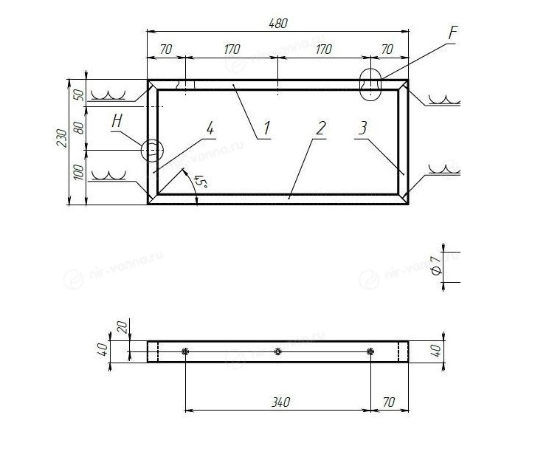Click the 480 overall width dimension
(278, 24)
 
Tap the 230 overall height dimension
(62, 138)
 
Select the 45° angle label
(201, 182)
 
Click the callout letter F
(453, 33)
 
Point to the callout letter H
(117, 121)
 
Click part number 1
(267, 128)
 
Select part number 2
(321, 128)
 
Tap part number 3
(363, 128)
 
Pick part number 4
(210, 128)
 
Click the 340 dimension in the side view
(281, 402)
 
